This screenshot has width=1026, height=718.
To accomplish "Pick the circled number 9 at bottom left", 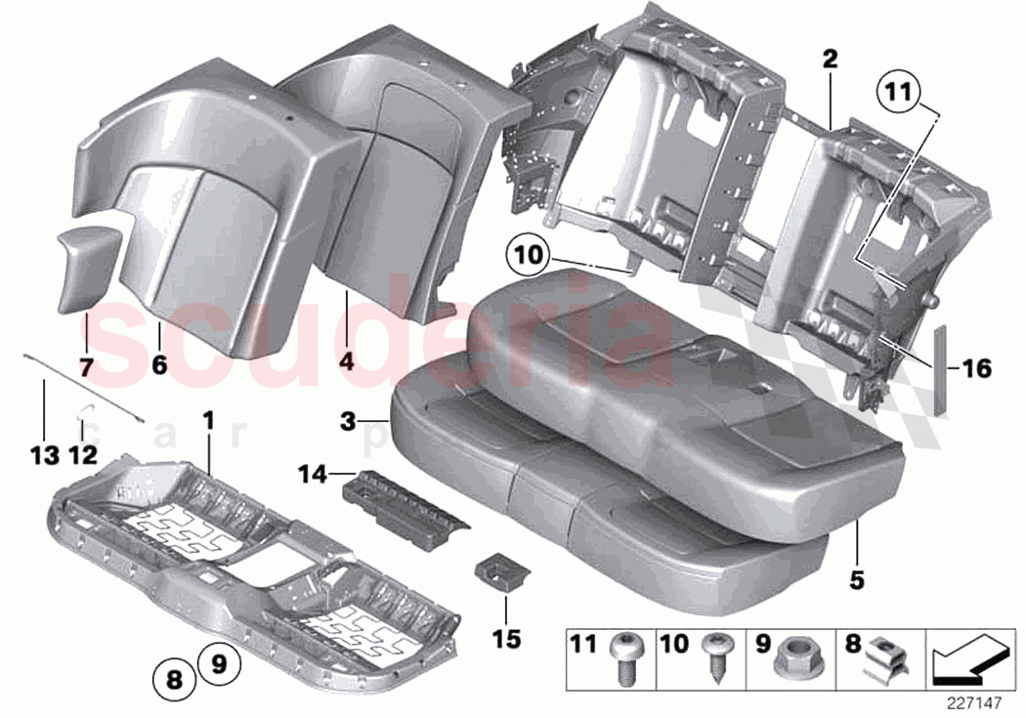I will [220, 665].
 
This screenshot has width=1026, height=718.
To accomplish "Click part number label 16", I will [975, 369].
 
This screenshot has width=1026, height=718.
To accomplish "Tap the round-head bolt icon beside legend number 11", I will [624, 656].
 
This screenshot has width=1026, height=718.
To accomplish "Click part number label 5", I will [856, 580].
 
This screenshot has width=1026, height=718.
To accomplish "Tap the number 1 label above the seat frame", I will [208, 421].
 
